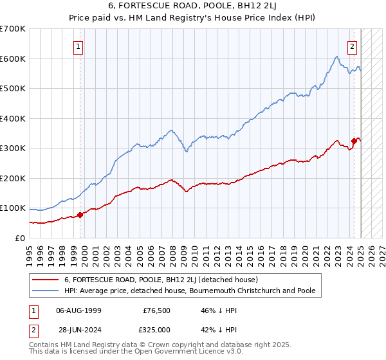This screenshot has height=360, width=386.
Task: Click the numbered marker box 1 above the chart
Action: [78, 46]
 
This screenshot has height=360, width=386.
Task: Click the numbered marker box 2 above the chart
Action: [353, 46]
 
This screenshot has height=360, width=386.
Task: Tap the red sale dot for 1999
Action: [80, 215]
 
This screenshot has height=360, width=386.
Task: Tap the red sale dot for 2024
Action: [354, 141]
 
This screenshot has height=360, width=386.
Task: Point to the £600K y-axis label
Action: [13, 59]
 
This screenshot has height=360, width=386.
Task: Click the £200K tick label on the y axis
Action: [13, 178]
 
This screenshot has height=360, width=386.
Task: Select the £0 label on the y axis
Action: [20, 238]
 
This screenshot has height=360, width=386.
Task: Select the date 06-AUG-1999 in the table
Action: [78, 310]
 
